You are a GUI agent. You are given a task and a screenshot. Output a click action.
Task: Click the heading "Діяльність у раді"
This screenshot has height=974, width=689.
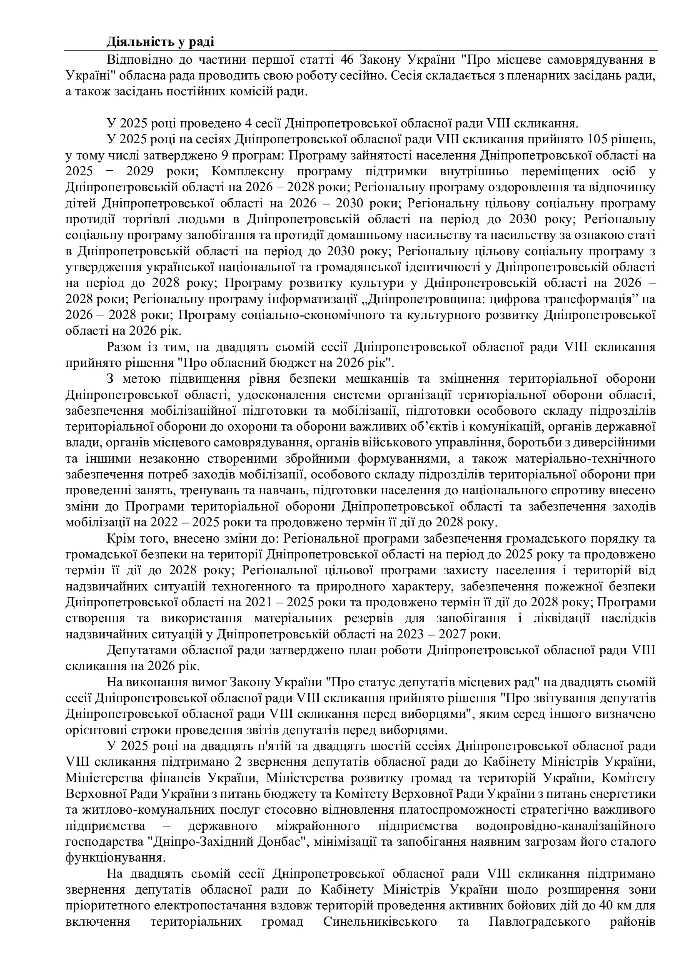pos(160,42)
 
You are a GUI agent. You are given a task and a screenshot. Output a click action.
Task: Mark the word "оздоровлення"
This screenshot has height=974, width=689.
pos(533,187)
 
